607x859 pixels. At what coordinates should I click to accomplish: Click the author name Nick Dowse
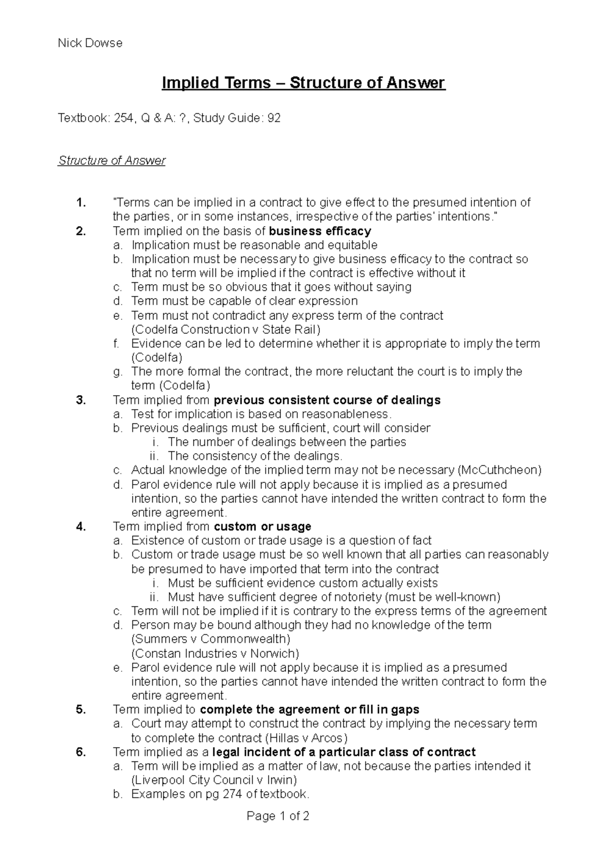click(90, 43)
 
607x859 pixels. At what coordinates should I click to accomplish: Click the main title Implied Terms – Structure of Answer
click(303, 82)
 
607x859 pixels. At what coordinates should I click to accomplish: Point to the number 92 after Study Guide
click(274, 118)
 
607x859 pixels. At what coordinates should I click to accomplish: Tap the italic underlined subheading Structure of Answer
click(112, 161)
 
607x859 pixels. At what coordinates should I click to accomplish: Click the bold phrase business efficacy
click(320, 231)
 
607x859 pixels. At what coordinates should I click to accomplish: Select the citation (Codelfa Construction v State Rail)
click(226, 330)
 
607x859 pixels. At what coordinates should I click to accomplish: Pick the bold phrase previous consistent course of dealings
click(327, 400)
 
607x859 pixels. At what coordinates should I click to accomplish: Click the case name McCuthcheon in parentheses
click(499, 470)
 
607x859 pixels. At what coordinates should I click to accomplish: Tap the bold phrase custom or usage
click(263, 527)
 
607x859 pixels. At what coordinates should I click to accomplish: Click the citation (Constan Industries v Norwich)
click(215, 653)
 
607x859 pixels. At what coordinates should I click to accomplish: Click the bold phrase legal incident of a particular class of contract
click(344, 752)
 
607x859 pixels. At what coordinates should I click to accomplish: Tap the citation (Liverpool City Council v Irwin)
click(214, 780)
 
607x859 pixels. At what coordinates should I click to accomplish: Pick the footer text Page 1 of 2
click(278, 816)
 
